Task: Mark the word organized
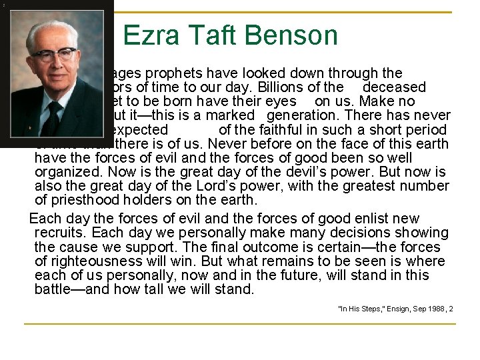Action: click(67, 172)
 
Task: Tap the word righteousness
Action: click(99, 261)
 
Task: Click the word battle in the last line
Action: click(55, 290)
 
